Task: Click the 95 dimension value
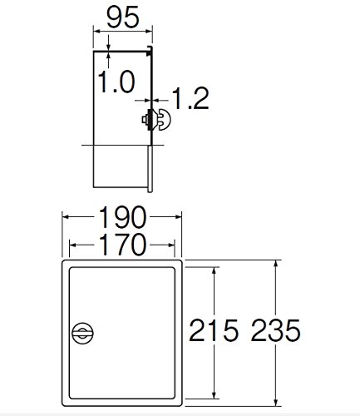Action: pos(122,17)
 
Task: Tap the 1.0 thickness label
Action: pos(116,82)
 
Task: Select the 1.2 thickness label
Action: pos(190,98)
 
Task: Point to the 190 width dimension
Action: pos(122,217)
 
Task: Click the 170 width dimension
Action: pos(122,245)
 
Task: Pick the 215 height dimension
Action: pos(214,330)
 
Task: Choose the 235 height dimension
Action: pos(275,330)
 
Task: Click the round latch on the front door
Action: pos(82,333)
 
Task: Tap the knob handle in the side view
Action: pos(164,120)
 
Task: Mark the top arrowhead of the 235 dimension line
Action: pos(275,263)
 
